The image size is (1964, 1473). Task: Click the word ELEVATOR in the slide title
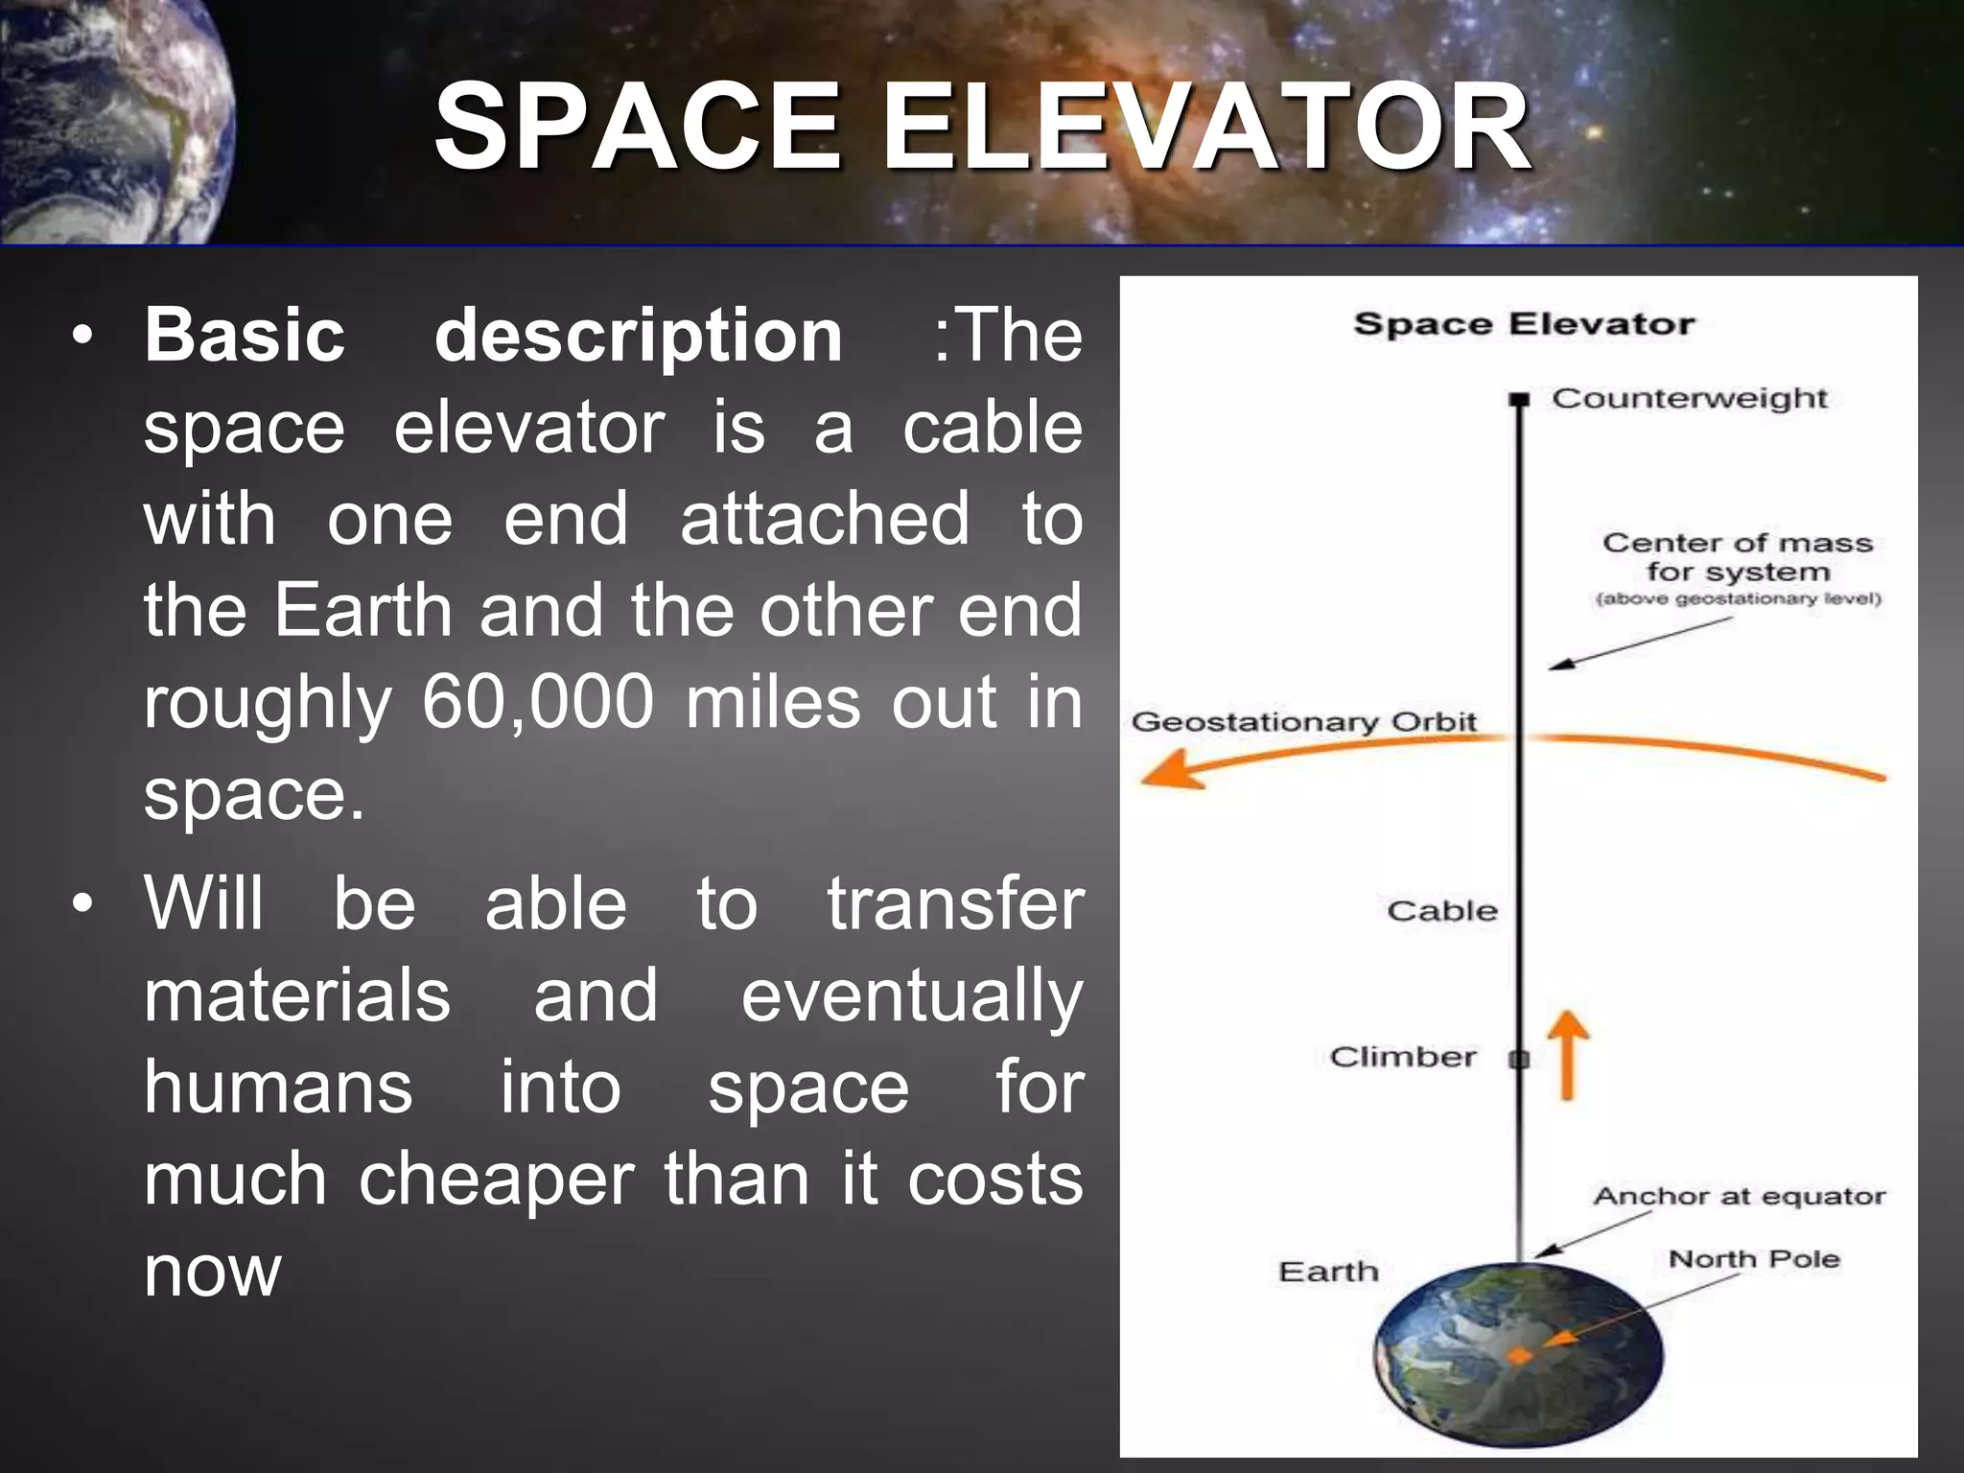click(1206, 127)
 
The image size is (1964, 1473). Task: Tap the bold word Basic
click(245, 335)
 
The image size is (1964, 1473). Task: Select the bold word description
click(639, 337)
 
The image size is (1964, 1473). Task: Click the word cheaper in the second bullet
click(496, 1179)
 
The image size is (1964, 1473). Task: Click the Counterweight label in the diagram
click(1690, 398)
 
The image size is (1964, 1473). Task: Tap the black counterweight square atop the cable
click(1518, 399)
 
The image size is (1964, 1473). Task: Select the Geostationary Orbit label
click(1303, 721)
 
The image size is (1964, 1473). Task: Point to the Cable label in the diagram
click(1441, 910)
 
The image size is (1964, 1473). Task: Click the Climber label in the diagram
click(1402, 1057)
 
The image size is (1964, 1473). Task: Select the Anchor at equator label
click(1739, 1196)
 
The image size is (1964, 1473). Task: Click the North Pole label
click(1754, 1258)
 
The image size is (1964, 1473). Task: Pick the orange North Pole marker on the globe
click(1520, 1355)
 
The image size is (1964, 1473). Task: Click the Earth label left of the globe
click(1328, 1272)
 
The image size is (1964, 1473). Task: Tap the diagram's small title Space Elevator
click(1523, 324)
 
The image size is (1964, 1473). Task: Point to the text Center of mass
click(1737, 543)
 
